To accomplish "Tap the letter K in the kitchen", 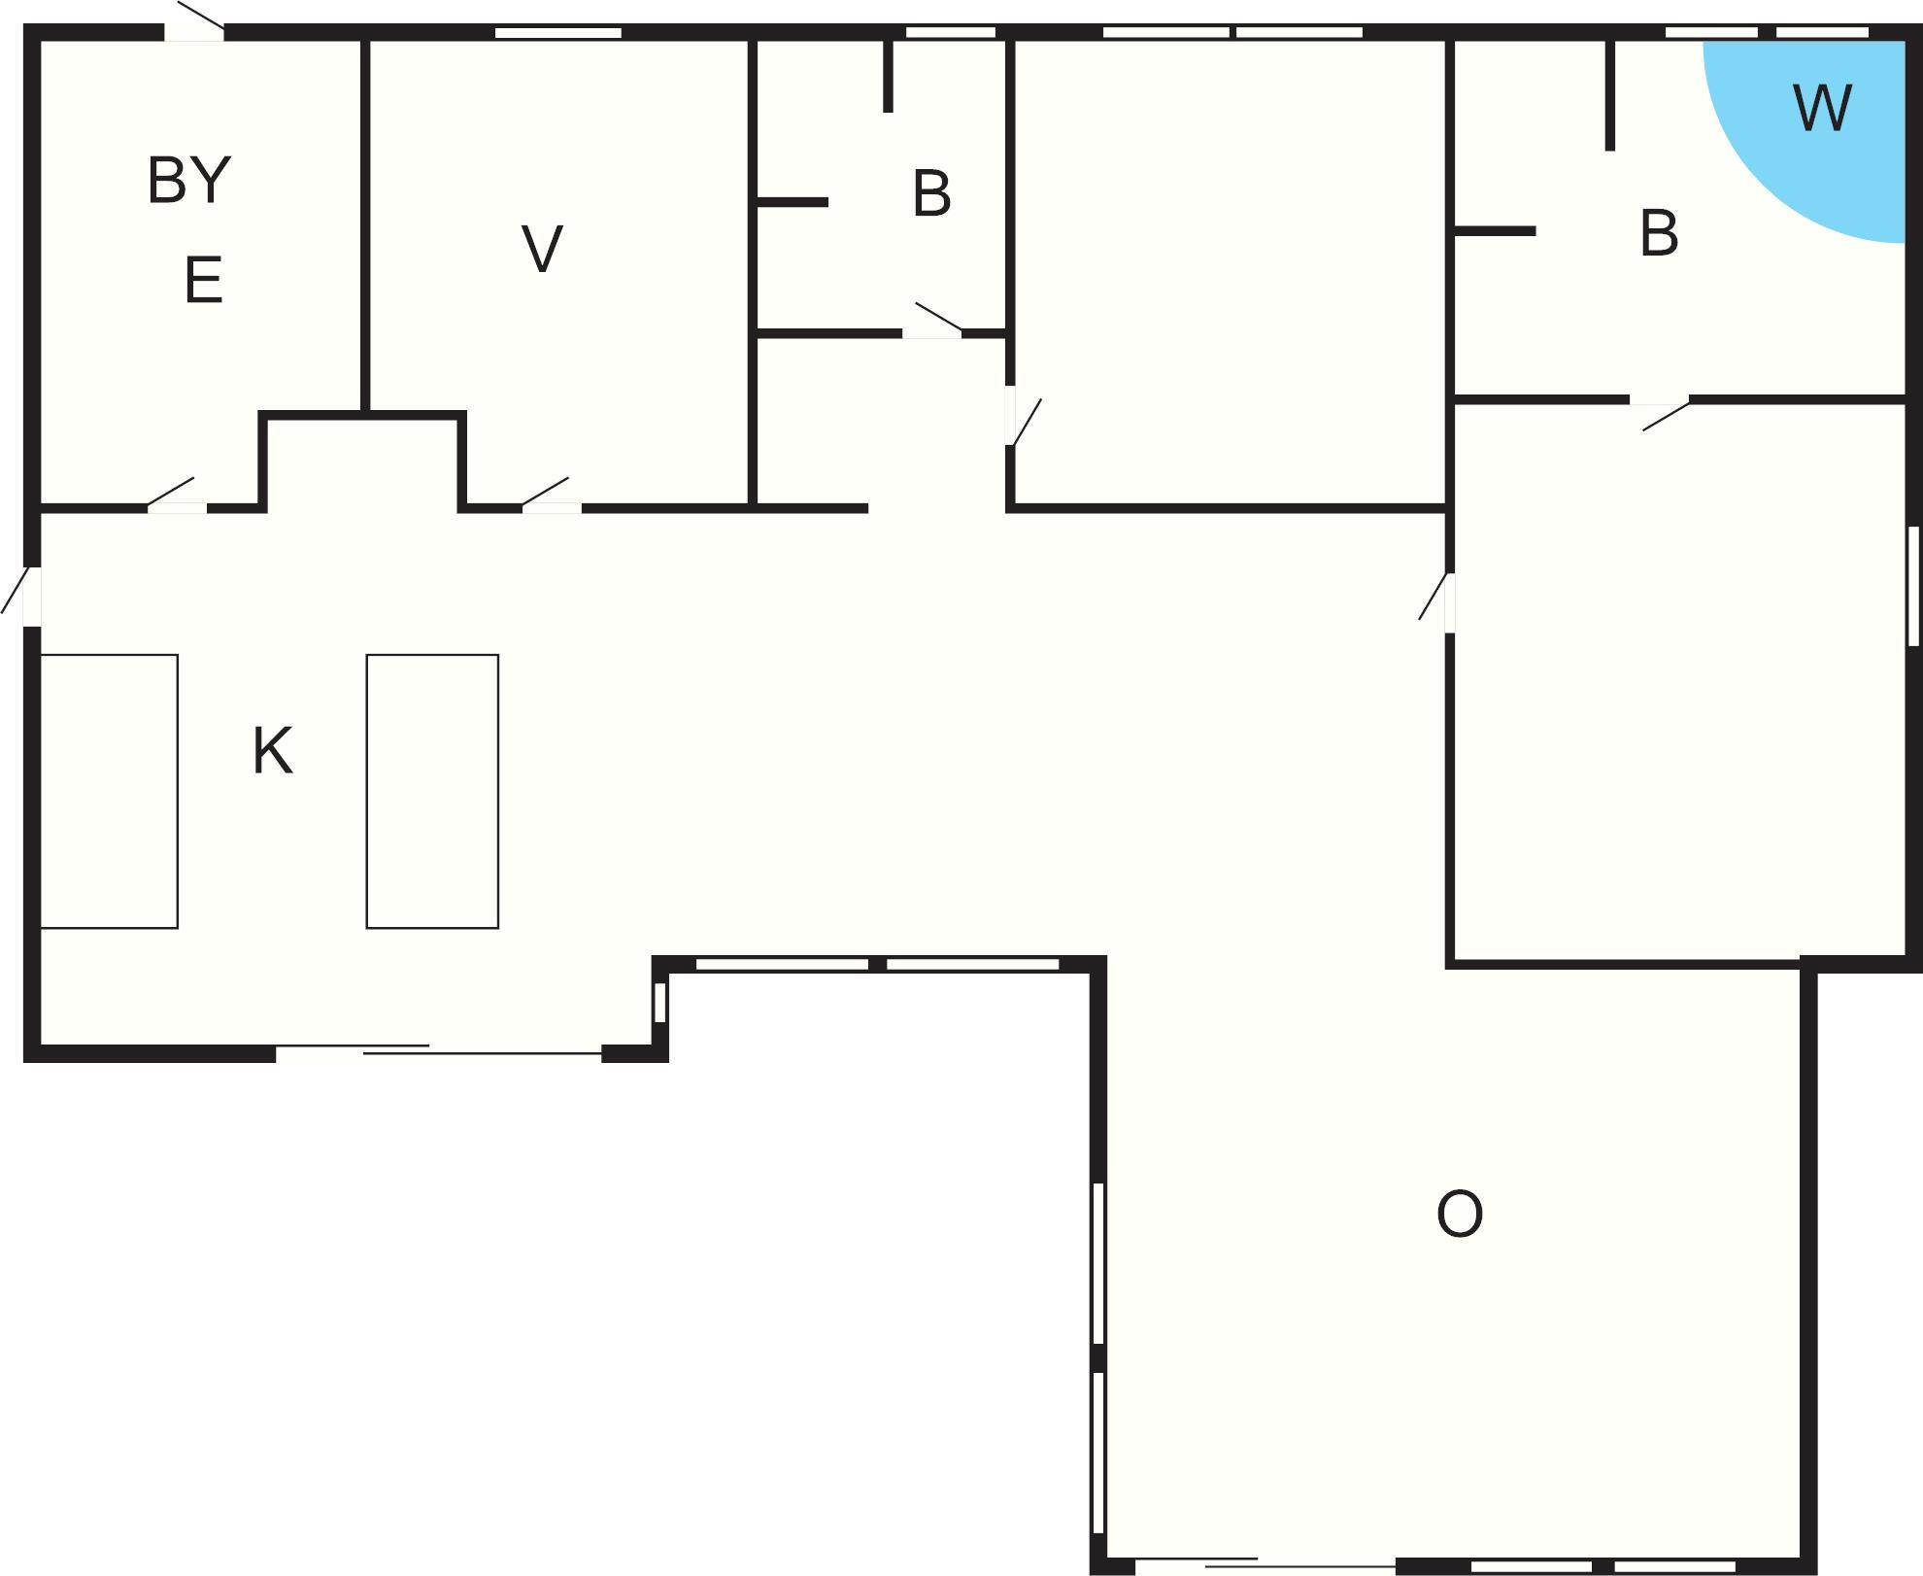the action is (272, 751).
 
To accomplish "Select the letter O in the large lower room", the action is (1460, 1215).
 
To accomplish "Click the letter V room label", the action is (542, 249).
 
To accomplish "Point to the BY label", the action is (189, 180).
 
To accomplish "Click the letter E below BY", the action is (204, 280).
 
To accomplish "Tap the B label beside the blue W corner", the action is (1659, 234).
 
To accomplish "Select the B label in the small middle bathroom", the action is (931, 193).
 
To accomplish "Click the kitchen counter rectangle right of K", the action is (432, 791).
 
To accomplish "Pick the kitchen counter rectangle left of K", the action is (109, 791).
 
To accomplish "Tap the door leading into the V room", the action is (552, 496).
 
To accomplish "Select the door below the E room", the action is (177, 496).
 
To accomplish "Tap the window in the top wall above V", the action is (558, 33).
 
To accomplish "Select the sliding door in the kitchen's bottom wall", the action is (439, 1051).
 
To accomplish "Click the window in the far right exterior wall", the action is (1913, 586).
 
